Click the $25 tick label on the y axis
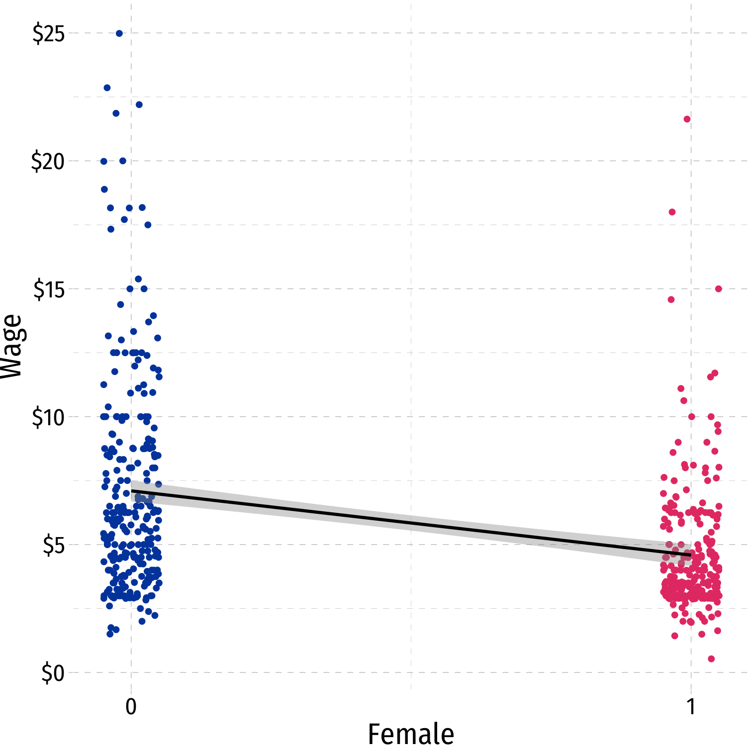tap(49, 34)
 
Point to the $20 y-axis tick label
tap(48, 162)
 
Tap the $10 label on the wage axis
tap(48, 417)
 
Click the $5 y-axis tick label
tap(53, 545)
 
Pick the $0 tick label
tap(53, 673)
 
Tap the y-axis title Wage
tap(12, 347)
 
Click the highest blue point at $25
tap(119, 33)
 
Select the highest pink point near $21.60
tap(687, 119)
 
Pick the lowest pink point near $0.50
tap(711, 658)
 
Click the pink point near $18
tap(672, 212)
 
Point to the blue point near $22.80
tap(107, 88)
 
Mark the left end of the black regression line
tap(132, 491)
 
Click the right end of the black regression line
tap(690, 554)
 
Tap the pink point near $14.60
tap(671, 299)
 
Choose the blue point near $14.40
tap(120, 304)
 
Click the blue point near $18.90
tap(104, 189)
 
